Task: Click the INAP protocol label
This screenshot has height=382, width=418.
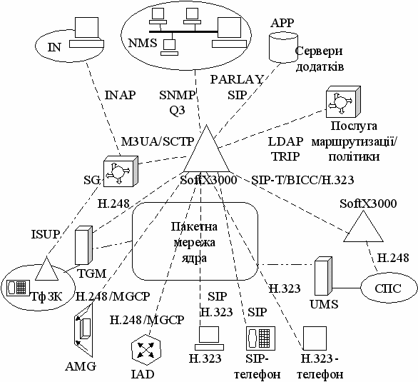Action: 120,95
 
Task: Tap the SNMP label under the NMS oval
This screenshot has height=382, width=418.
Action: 178,95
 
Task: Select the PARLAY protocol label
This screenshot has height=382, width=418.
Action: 237,79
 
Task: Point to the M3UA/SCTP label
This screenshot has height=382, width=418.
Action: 158,141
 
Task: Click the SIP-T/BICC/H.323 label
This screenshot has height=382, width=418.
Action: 302,181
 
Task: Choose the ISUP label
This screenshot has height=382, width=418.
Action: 45,234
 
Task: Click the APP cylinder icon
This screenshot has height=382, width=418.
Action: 283,48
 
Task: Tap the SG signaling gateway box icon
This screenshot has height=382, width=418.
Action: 121,171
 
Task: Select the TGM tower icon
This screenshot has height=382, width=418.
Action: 83,245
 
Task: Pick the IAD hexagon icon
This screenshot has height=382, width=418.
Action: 146,349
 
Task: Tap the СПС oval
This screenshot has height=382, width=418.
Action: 388,288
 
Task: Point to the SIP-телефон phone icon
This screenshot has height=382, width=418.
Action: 260,338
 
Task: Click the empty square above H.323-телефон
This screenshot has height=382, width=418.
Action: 315,338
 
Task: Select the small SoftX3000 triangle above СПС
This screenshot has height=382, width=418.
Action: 363,226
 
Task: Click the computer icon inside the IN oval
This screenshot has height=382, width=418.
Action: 86,33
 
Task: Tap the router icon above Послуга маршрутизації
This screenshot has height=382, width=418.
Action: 343,101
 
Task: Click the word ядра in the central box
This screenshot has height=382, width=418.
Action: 194,258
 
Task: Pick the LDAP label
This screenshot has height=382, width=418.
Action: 285,141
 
